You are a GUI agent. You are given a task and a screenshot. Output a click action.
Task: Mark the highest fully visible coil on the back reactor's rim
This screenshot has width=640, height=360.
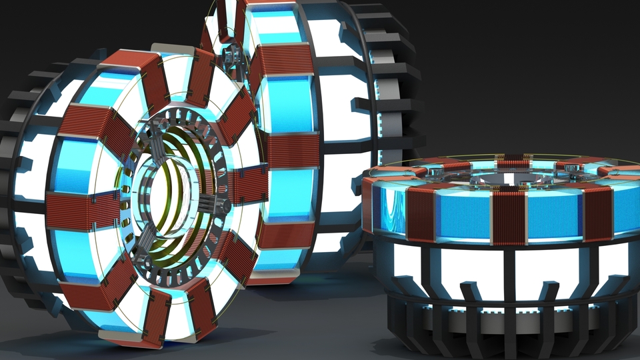(x=280, y=60)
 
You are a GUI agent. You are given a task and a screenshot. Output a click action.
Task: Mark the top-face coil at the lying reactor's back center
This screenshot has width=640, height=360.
(x=511, y=162)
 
